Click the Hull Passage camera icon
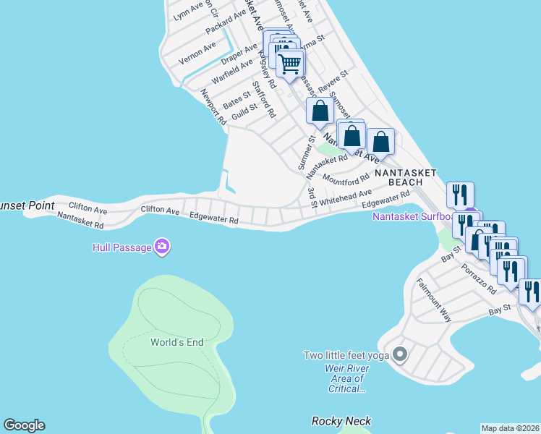pyautogui.click(x=161, y=247)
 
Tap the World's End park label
pyautogui.click(x=176, y=342)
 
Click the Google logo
pyautogui.click(x=24, y=425)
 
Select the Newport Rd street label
pyautogui.click(x=209, y=107)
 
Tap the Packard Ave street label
pyautogui.click(x=226, y=25)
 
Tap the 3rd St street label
pyautogui.click(x=312, y=197)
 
